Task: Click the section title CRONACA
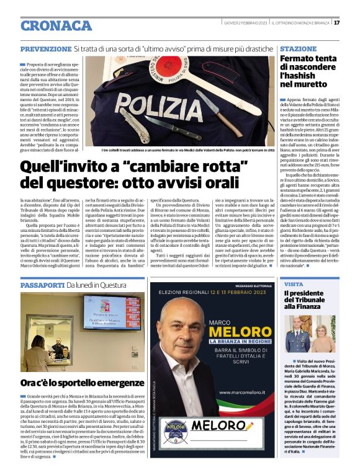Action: [56, 25]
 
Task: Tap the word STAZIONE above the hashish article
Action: [298, 48]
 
